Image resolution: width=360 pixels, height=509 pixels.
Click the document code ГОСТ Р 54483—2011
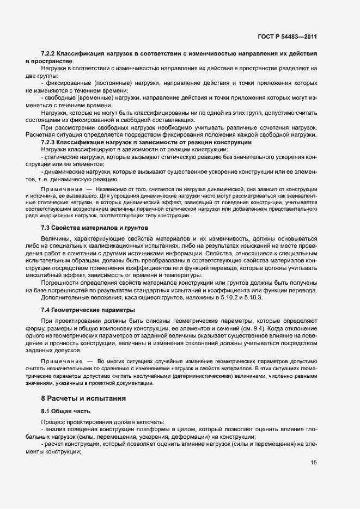pos(287,36)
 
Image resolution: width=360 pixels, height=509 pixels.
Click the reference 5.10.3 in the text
pos(253,298)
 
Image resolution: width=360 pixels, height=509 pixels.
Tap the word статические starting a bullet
pos(63,156)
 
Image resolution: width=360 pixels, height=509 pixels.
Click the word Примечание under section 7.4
pos(58,361)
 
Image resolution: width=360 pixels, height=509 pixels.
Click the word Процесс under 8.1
pos(54,422)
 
